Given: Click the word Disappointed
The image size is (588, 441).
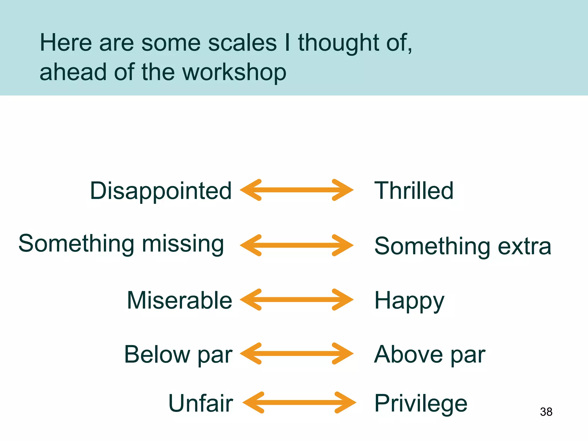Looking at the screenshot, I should pyautogui.click(x=161, y=191).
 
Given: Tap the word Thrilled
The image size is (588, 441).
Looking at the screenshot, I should pyautogui.click(x=414, y=191).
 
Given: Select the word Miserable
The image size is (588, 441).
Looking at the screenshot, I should pyautogui.click(x=179, y=300).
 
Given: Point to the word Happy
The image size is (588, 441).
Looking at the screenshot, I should pyautogui.click(x=409, y=301).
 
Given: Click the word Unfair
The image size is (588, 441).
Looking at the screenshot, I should pyautogui.click(x=200, y=403).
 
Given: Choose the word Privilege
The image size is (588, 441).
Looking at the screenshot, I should pyautogui.click(x=421, y=404).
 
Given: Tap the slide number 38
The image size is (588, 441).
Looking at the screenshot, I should pyautogui.click(x=546, y=412).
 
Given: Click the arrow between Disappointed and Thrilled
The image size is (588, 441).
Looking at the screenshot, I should pyautogui.click(x=297, y=190).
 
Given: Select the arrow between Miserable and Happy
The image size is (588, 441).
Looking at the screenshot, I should pyautogui.click(x=297, y=300).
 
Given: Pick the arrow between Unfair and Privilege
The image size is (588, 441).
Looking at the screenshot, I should pyautogui.click(x=299, y=403).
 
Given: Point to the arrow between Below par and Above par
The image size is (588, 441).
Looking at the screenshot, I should pyautogui.click(x=297, y=354).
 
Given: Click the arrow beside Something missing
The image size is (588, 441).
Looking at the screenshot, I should pyautogui.click(x=297, y=245).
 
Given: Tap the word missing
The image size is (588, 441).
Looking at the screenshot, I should pyautogui.click(x=183, y=244).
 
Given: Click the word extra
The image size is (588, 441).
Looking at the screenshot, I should pyautogui.click(x=524, y=246).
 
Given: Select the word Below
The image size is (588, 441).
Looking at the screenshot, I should pyautogui.click(x=157, y=354).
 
